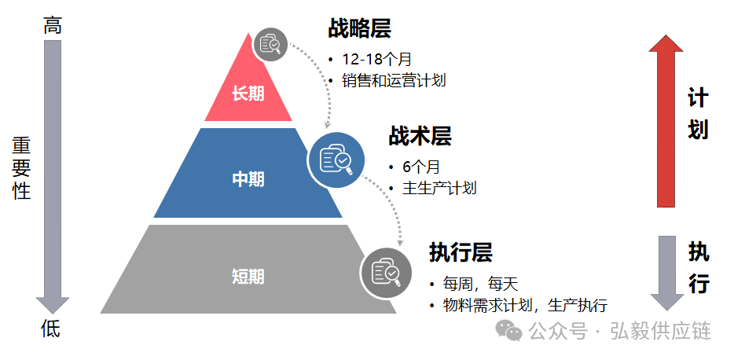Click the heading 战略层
click(359, 29)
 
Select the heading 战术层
click(420, 136)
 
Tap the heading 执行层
click(461, 252)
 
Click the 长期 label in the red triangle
click(248, 94)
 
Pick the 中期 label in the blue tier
click(248, 179)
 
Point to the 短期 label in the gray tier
click(248, 276)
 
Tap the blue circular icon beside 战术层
click(336, 160)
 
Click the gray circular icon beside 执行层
click(386, 271)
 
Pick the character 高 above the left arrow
click(53, 26)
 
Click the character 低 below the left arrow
click(50, 329)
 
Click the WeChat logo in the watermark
click(512, 331)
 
